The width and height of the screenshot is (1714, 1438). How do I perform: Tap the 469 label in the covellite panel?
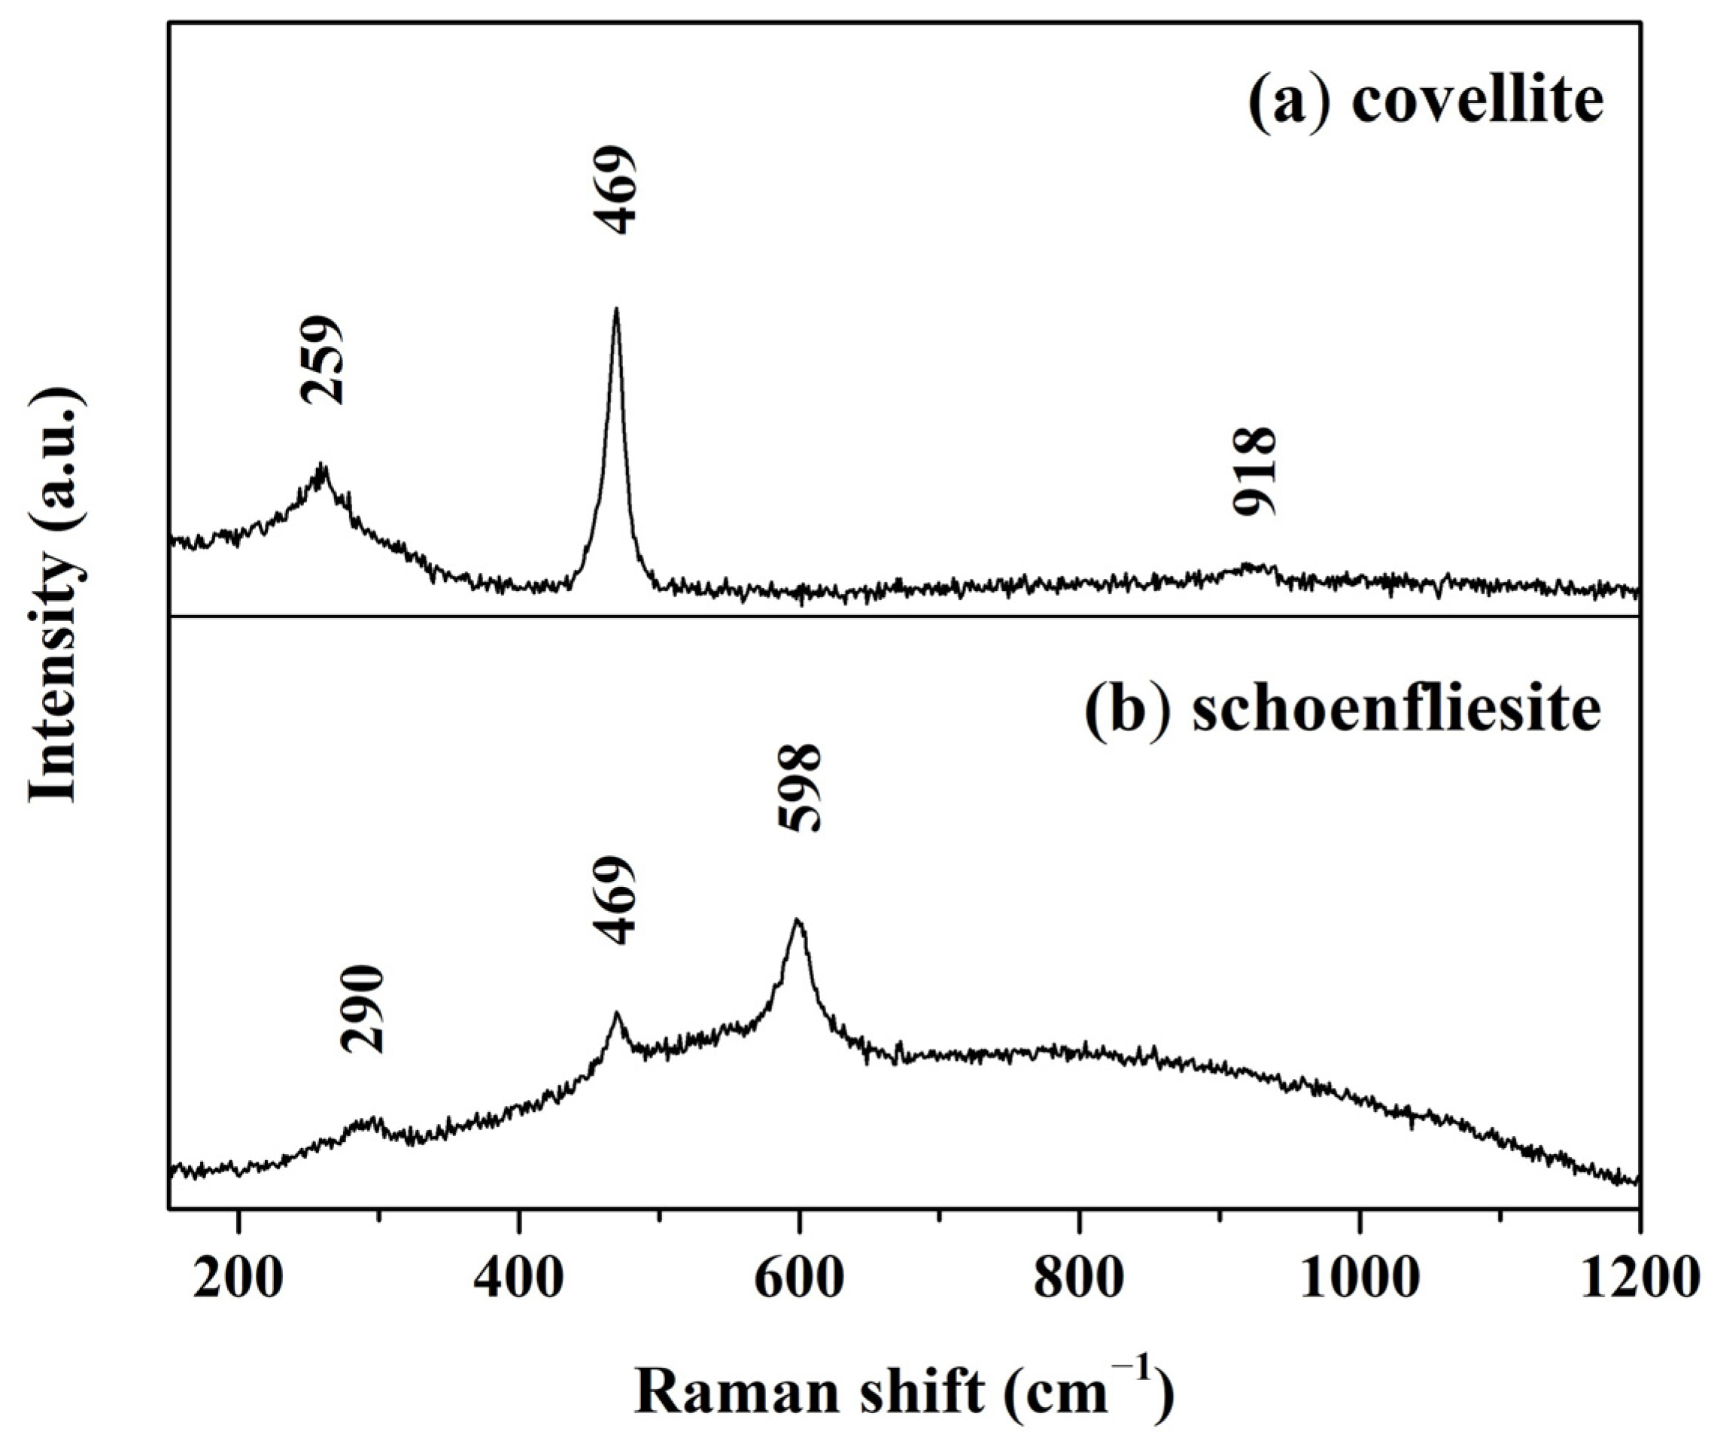pyautogui.click(x=613, y=190)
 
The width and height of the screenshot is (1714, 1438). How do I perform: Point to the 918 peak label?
pyautogui.click(x=1254, y=471)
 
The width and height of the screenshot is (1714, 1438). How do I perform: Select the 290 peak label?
pyautogui.click(x=363, y=1010)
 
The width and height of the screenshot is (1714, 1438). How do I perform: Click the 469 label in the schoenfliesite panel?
pyautogui.click(x=613, y=900)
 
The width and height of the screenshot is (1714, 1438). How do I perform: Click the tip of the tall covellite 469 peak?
pyautogui.click(x=616, y=309)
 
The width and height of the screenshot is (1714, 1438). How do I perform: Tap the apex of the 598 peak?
pyautogui.click(x=798, y=919)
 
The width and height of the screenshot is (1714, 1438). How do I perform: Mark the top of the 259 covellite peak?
pyautogui.click(x=321, y=465)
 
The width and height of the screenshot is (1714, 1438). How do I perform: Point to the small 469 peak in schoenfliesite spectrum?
pyautogui.click(x=616, y=1013)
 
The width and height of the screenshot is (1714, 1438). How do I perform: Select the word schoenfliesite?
pyautogui.click(x=1396, y=711)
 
